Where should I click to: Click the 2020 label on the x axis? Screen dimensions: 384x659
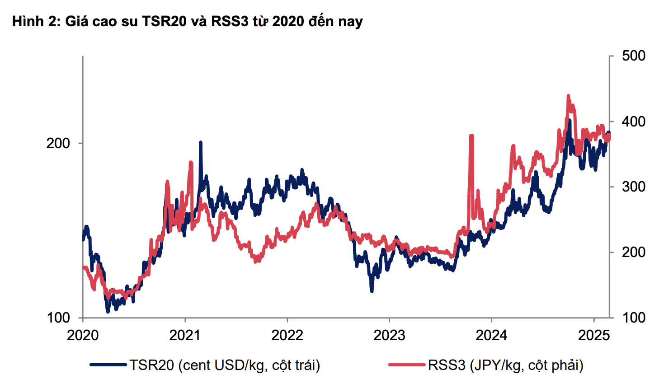pos(83,335)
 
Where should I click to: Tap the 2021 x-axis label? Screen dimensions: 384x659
pos(185,335)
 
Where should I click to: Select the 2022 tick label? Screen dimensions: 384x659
pos(287,335)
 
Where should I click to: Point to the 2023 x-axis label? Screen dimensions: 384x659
pos(389,335)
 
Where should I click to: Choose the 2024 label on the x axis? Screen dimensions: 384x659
pos(491,335)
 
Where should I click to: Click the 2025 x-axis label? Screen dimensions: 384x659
pos(594,335)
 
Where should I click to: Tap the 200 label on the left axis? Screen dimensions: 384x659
pos(58,143)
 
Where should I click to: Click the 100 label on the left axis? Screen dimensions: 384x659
pos(58,318)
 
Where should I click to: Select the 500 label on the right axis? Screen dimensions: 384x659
pos(634,56)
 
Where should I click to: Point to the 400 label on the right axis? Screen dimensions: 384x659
pos(634,122)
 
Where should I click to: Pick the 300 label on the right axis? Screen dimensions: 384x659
pos(634,187)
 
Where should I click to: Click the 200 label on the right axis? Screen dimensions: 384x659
pos(634,252)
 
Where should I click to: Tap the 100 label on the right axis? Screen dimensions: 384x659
pos(634,318)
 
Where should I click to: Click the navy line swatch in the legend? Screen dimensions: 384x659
pos(108,365)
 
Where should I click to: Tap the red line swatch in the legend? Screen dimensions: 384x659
pos(406,365)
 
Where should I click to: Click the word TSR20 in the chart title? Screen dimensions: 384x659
pos(165,21)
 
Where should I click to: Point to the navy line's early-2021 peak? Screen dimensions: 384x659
pos(200,143)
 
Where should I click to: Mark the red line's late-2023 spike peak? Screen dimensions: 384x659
pos(471,136)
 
